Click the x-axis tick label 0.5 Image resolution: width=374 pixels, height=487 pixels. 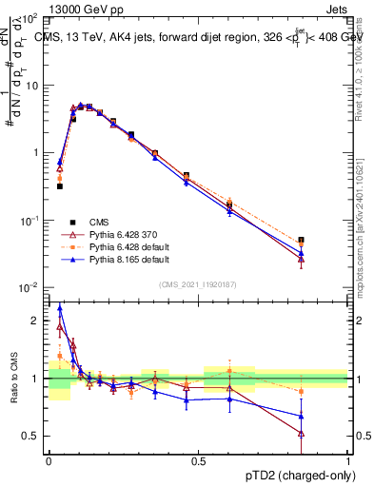point(199,460)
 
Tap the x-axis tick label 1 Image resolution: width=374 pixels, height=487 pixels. point(348,460)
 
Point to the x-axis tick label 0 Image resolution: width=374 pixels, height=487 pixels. point(49,460)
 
